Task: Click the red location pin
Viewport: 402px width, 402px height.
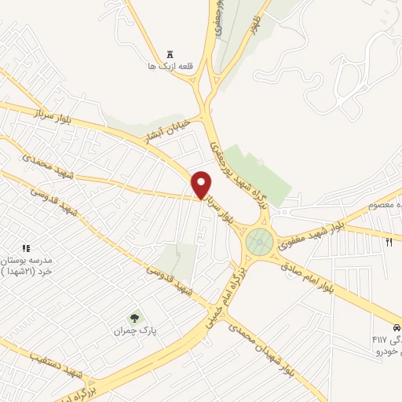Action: point(202,185)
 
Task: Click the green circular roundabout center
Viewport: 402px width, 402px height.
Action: point(259,242)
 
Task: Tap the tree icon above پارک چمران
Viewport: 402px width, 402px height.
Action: point(135,318)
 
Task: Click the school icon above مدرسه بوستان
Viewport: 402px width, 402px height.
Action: point(26,249)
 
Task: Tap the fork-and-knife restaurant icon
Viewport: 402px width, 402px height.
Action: point(389,242)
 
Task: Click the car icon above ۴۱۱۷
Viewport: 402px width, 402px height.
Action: point(397,326)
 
